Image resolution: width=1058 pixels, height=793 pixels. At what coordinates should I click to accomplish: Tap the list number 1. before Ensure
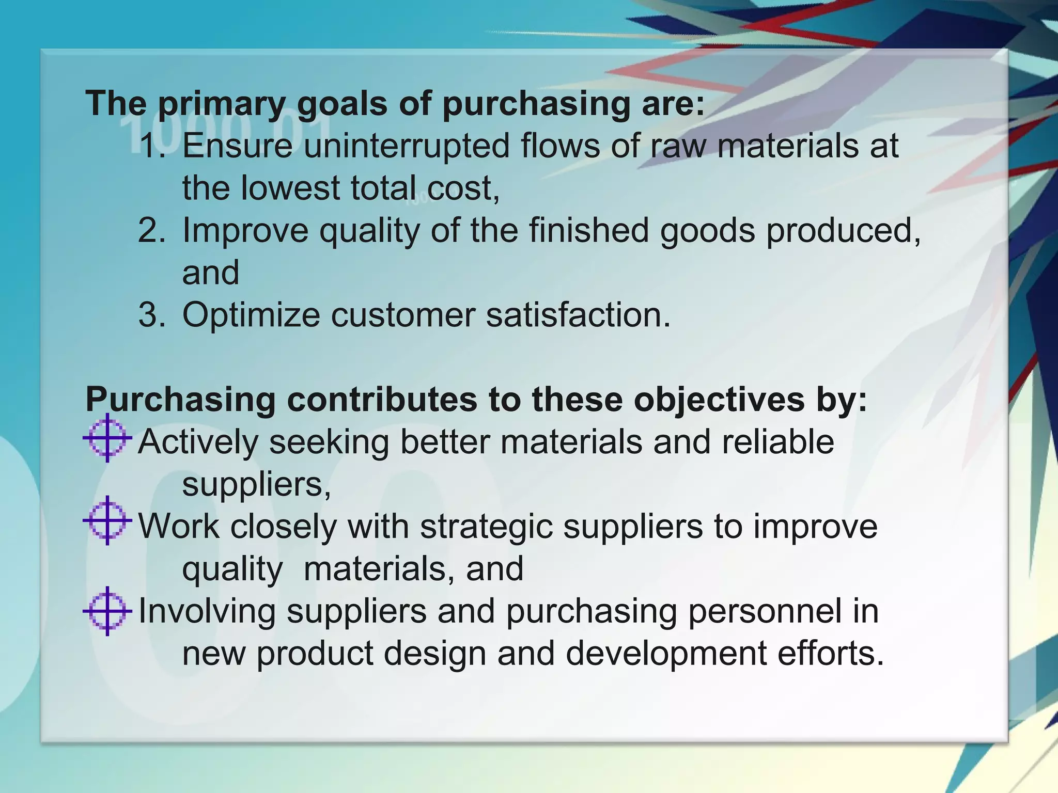[153, 146]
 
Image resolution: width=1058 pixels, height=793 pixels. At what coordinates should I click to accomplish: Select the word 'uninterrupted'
[406, 146]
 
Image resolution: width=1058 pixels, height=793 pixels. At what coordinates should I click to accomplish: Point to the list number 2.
[152, 230]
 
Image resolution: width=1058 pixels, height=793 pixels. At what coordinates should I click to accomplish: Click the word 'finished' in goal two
[589, 230]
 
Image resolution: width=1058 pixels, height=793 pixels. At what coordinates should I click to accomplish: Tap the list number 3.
[152, 315]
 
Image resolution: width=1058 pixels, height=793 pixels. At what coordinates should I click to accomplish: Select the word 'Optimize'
[251, 315]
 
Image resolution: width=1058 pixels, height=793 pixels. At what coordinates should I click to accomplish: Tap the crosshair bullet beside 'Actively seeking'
[107, 438]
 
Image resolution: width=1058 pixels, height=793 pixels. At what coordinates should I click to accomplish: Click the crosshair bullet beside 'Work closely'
[107, 521]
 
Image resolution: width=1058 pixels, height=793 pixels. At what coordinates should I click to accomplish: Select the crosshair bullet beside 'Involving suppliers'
[107, 611]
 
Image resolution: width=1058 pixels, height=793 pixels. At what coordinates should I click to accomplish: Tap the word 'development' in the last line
[666, 654]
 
